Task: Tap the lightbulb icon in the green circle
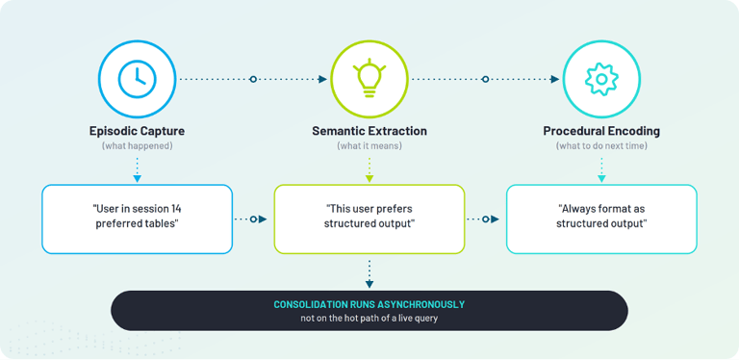coord(369,78)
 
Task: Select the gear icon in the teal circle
coord(601,79)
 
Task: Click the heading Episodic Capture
coord(138,131)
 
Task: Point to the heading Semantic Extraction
coord(369,131)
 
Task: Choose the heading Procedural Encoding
coord(601,131)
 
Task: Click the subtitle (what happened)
coord(138,146)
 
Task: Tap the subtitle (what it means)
coord(369,146)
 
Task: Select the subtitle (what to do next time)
coord(601,146)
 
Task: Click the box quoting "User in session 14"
coord(138,219)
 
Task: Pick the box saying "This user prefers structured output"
coord(369,219)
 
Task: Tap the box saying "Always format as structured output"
coord(601,219)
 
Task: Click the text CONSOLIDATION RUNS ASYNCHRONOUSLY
coord(369,304)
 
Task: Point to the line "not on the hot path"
coord(369,319)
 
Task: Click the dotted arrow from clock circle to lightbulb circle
coord(253,79)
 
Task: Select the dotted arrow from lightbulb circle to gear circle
coord(485,79)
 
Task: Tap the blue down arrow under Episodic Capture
coord(138,169)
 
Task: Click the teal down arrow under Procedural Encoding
coord(601,169)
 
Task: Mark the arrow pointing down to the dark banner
coord(369,273)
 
